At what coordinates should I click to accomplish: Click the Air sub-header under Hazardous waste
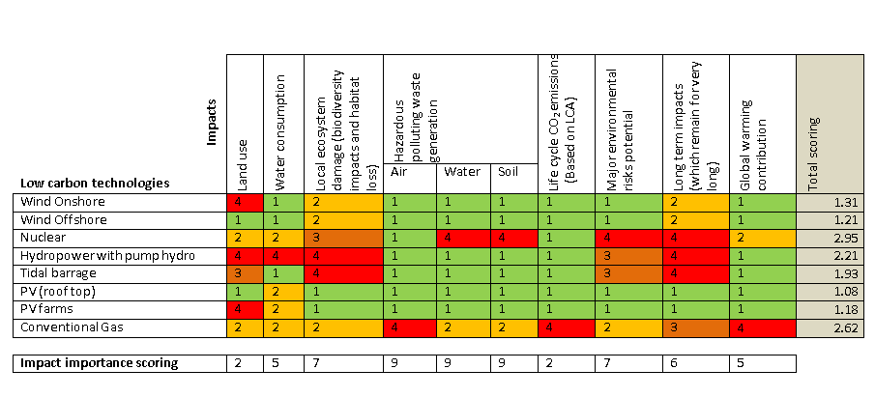tap(398, 173)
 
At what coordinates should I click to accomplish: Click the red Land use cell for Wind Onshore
tap(238, 202)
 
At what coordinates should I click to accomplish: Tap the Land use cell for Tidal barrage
tap(238, 272)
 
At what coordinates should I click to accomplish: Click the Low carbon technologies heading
tap(95, 182)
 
